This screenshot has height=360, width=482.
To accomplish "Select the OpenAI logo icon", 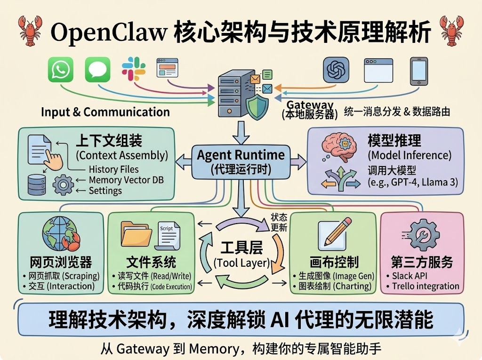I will click(336, 71).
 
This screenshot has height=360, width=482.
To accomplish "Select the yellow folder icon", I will click(137, 234).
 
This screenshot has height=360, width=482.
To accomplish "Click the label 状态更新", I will click(279, 221).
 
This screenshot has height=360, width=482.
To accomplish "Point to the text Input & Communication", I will click(105, 112).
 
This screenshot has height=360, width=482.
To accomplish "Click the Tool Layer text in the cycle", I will click(241, 262).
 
